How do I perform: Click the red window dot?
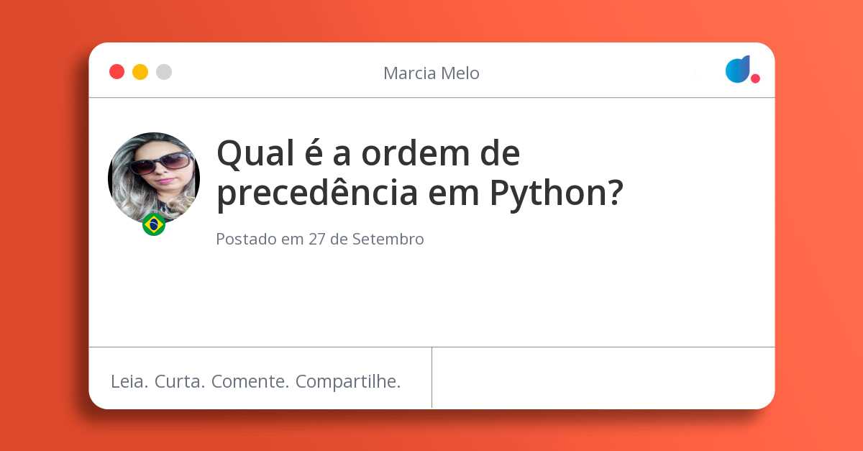pyautogui.click(x=117, y=72)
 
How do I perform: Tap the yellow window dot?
pyautogui.click(x=140, y=72)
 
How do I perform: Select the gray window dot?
pyautogui.click(x=164, y=72)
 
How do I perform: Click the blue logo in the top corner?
pyautogui.click(x=738, y=69)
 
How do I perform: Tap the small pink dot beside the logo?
pyautogui.click(x=755, y=78)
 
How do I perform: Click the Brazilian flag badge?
pyautogui.click(x=154, y=224)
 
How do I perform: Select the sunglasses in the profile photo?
pyautogui.click(x=160, y=163)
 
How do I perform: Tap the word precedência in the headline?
pyautogui.click(x=317, y=193)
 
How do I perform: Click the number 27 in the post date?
pyautogui.click(x=317, y=239)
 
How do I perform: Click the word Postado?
pyautogui.click(x=246, y=239)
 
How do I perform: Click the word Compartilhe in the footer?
pyautogui.click(x=348, y=382)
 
